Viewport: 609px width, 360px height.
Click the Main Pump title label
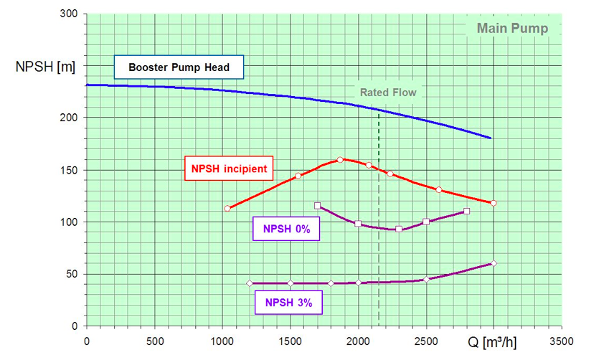click(513, 29)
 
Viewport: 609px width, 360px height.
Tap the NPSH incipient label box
click(229, 169)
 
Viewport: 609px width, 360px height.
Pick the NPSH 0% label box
click(286, 229)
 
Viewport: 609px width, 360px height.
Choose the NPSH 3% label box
click(288, 303)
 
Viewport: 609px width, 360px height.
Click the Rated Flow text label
click(388, 93)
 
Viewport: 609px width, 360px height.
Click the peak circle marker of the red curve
click(340, 160)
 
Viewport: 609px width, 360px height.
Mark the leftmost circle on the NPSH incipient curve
click(227, 209)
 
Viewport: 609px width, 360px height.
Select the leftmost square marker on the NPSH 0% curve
click(318, 206)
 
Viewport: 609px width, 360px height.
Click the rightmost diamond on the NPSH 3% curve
click(494, 263)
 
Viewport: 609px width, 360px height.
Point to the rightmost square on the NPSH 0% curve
click(467, 212)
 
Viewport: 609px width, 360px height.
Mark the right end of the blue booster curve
click(491, 138)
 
